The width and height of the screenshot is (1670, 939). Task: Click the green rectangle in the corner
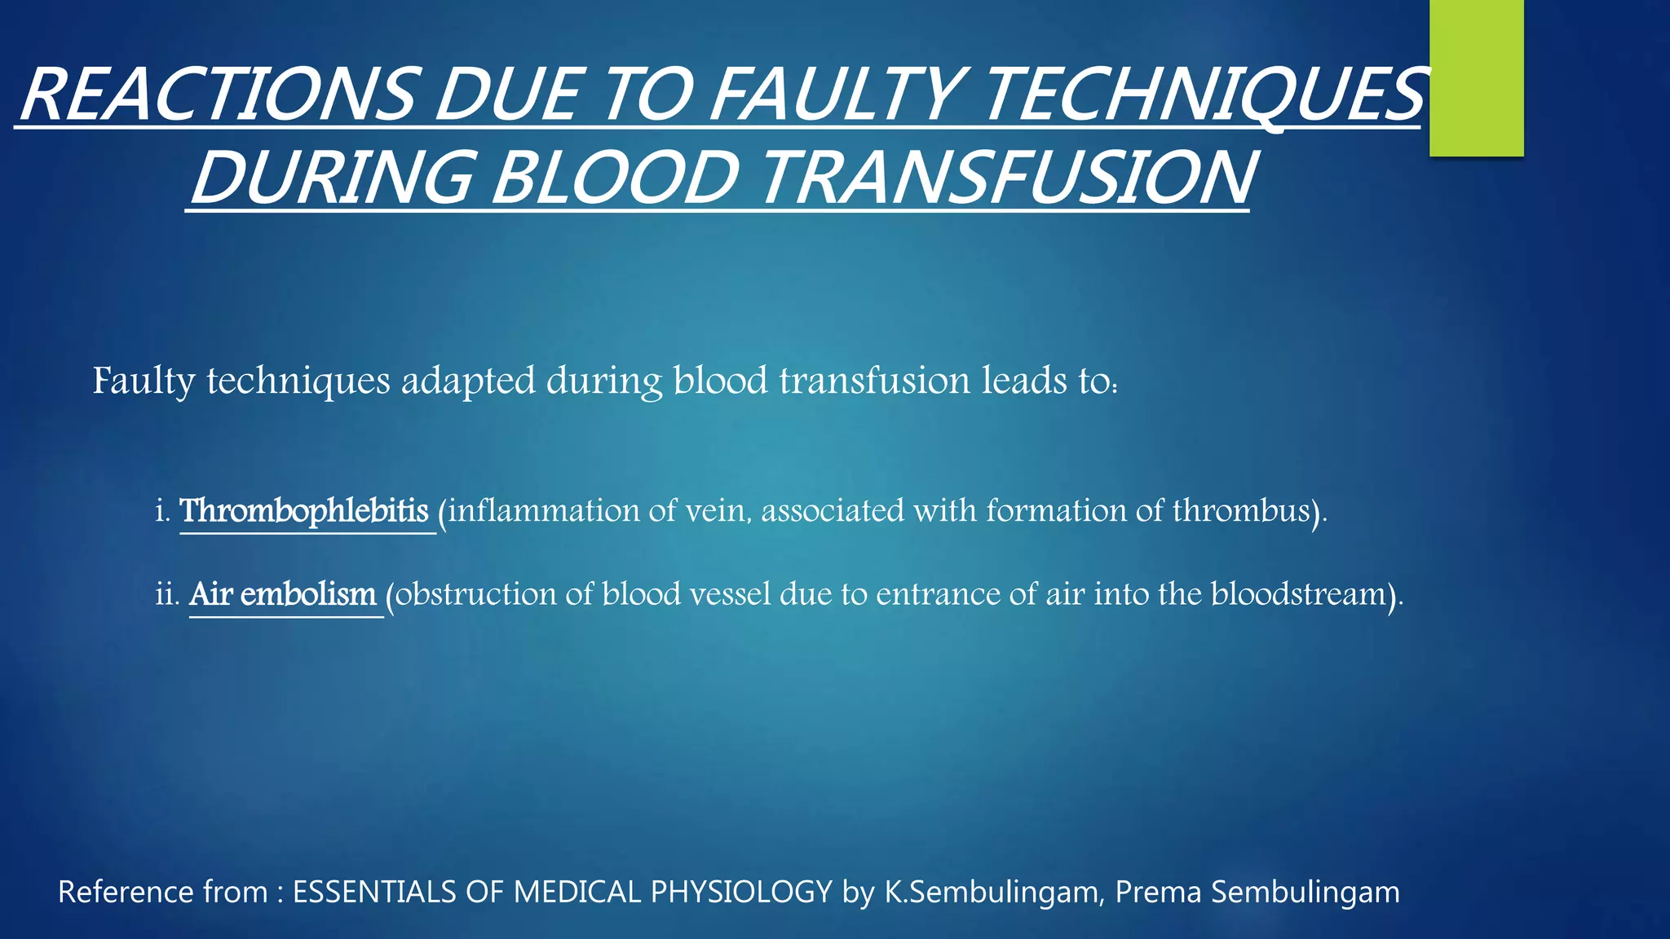coord(1476,77)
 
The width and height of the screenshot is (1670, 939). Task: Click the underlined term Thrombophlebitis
coord(304,511)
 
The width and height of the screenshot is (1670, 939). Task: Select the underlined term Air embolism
coord(283,594)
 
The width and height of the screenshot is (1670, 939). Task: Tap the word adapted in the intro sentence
coord(468,381)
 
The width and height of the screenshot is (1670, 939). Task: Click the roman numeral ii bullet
coord(166,594)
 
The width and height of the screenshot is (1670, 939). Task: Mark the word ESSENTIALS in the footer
coord(375,892)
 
